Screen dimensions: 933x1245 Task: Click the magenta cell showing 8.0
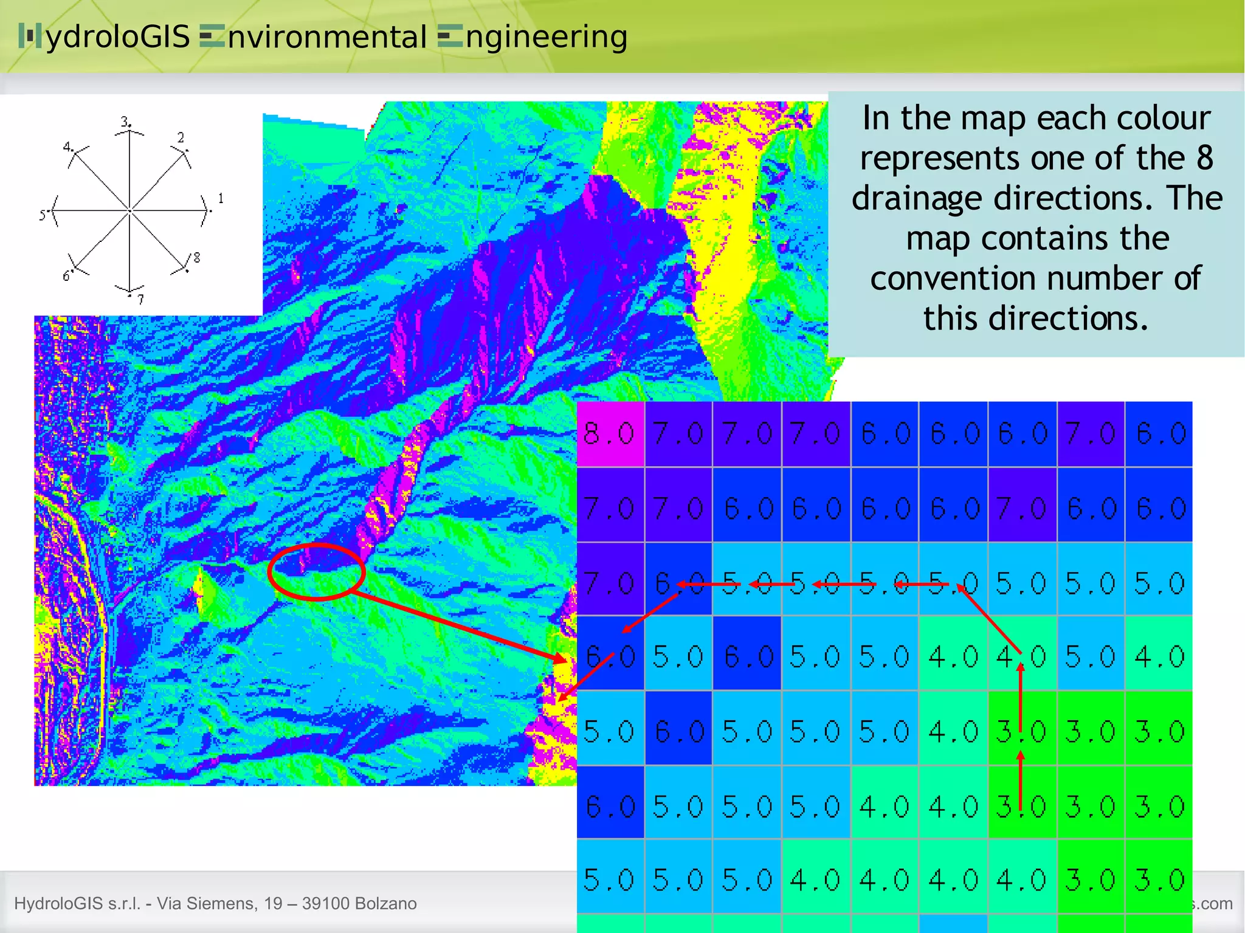pos(610,434)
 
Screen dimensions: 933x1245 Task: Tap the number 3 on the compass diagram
pos(125,121)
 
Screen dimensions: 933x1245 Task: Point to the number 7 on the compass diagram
pos(140,299)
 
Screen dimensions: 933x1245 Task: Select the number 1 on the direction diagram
pos(221,198)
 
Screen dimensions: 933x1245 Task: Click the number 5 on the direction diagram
pos(43,215)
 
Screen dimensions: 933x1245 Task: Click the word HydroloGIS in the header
pos(105,36)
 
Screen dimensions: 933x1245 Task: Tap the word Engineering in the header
pos(533,36)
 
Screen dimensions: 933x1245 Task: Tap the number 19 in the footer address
pos(274,903)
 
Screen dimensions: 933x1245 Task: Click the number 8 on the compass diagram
pos(196,258)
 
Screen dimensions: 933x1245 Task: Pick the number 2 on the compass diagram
pos(181,137)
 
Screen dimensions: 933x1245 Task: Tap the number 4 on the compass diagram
pos(67,146)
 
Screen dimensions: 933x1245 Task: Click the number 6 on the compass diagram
pos(66,277)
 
